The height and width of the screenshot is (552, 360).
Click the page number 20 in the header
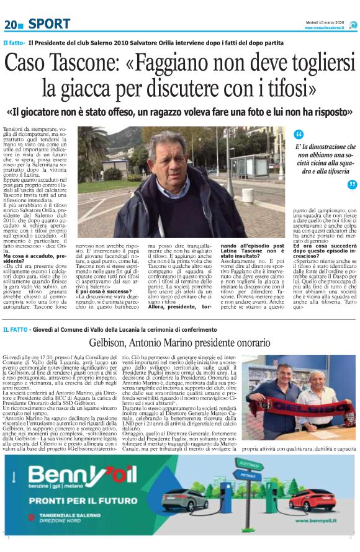[x=11, y=24]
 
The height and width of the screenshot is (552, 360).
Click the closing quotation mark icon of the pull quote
[x=352, y=184]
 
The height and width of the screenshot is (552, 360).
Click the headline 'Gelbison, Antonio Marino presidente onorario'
[x=180, y=343]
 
